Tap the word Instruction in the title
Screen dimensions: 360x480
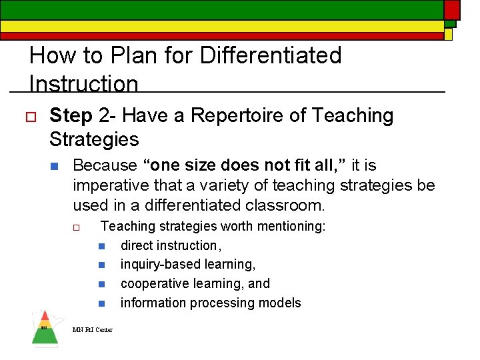point(84,84)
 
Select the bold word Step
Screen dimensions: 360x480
point(71,116)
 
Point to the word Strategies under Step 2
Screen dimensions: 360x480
point(94,139)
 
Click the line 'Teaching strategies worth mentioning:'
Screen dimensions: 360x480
point(213,227)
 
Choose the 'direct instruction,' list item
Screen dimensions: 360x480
point(171,245)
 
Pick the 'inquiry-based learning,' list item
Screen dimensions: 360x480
point(188,265)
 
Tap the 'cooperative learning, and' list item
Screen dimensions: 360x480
point(195,283)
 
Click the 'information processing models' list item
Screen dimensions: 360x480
point(211,303)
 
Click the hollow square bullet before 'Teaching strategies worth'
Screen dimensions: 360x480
point(77,227)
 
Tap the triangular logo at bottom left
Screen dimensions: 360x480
point(45,329)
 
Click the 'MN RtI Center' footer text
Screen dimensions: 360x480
point(93,329)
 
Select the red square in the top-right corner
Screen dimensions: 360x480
point(452,9)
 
